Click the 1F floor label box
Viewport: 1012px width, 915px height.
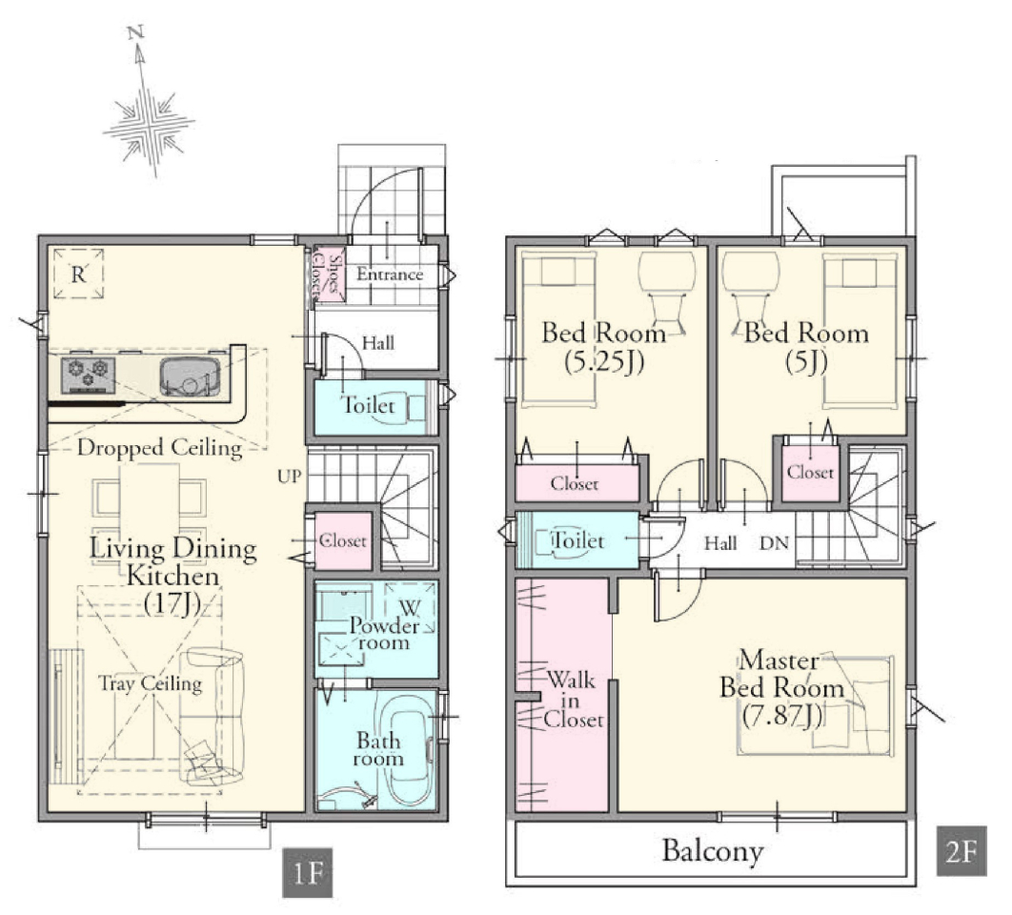point(307,872)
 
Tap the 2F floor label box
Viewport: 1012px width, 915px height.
point(961,851)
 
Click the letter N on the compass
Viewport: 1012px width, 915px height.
point(135,31)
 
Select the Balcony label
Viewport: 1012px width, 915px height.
point(713,850)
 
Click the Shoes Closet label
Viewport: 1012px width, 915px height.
point(328,275)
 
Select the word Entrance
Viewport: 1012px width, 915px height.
point(390,274)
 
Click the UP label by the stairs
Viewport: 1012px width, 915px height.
point(289,477)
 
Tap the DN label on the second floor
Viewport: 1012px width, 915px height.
point(775,543)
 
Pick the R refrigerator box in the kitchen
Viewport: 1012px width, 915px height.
point(79,274)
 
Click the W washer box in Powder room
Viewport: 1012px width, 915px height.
point(410,607)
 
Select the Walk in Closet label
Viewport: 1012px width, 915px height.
point(573,700)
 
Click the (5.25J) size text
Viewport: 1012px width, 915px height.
point(604,361)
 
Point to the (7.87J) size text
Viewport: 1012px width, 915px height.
point(781,716)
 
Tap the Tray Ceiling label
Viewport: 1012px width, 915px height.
point(151,682)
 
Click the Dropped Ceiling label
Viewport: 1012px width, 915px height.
point(159,447)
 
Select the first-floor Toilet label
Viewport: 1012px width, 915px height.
point(367,405)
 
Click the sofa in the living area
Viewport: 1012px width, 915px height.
point(212,717)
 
